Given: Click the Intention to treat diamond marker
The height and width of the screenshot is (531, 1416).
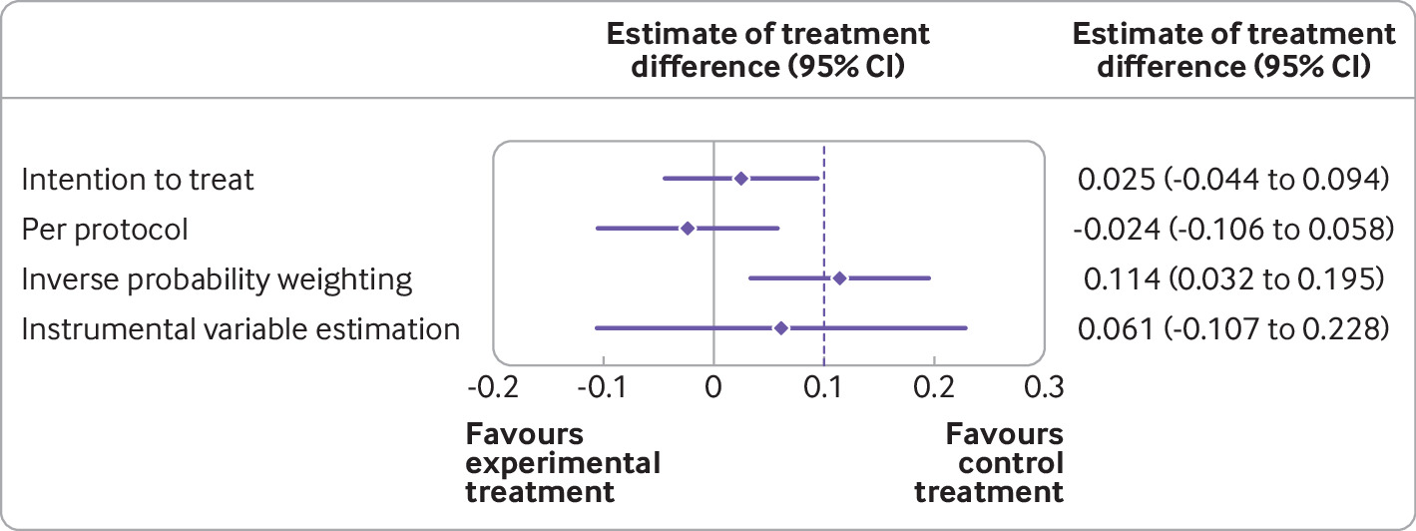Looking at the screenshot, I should tap(740, 179).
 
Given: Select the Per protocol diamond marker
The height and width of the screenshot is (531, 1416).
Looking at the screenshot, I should tap(687, 229).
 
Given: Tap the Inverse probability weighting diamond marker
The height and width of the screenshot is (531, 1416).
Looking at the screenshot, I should tap(839, 277).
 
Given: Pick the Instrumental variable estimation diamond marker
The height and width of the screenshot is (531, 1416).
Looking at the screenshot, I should tap(781, 327).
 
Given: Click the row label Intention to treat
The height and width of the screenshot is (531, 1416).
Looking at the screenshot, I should tap(138, 180).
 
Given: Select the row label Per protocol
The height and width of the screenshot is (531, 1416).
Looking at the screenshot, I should tap(105, 230).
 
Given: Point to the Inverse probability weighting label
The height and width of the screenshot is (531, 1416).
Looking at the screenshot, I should tap(217, 279).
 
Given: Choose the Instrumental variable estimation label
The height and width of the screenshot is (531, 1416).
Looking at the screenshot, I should tap(240, 329).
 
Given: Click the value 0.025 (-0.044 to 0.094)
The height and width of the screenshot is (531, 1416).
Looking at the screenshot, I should tap(1233, 180).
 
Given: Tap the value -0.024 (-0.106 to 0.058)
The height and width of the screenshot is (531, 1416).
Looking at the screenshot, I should tap(1233, 230).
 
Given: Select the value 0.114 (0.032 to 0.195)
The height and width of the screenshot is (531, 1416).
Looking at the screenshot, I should tap(1233, 279).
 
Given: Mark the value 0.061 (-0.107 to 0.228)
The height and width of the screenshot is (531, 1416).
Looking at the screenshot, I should tap(1233, 329).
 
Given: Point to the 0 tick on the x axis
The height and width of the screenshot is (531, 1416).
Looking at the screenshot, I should tap(713, 385).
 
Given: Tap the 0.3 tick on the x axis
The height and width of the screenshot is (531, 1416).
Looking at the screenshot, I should tap(1043, 385).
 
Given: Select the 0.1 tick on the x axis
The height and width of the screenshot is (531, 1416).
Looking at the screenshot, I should tap(823, 385).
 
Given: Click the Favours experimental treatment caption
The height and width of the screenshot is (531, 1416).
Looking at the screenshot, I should tap(564, 463).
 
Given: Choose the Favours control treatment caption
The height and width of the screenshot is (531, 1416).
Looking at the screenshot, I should tap(989, 463).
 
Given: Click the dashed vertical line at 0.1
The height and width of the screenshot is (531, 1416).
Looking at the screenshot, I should tap(823, 250).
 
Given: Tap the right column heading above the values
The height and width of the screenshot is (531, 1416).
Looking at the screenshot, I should tap(1233, 51).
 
